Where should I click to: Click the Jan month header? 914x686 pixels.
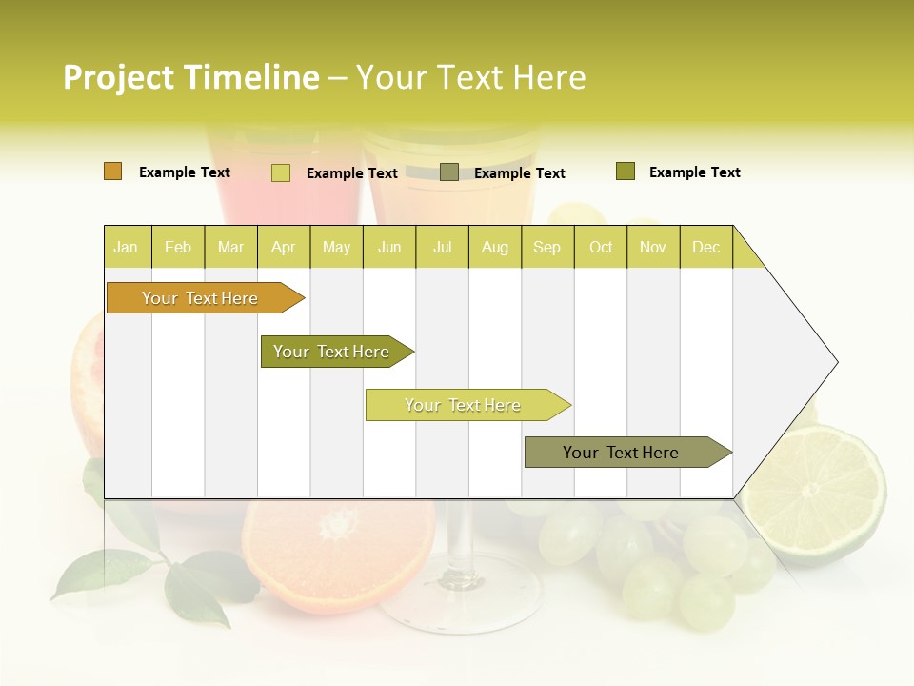click(126, 247)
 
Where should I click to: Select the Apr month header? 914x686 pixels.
click(283, 247)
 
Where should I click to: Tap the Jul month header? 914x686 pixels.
click(442, 247)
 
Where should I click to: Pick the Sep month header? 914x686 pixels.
click(546, 247)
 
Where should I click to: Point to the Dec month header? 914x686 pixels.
click(705, 247)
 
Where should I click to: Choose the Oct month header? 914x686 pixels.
click(601, 247)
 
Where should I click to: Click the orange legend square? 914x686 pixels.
click(112, 171)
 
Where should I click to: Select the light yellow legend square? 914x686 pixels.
click(281, 172)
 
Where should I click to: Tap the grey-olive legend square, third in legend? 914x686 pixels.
click(449, 172)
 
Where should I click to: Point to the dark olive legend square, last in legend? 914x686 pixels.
click(626, 171)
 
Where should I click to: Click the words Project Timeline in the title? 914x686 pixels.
click(190, 77)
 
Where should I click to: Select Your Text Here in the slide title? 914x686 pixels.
click(470, 77)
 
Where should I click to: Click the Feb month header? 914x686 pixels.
click(178, 247)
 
